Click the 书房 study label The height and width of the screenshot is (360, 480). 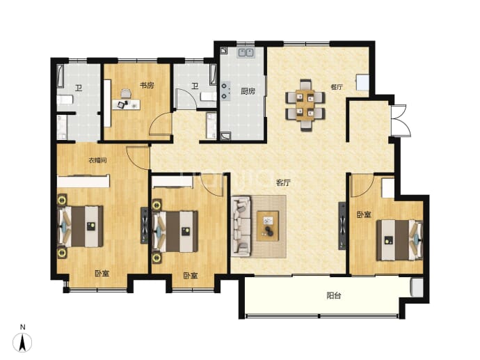point(147,85)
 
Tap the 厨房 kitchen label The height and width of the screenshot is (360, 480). point(248,91)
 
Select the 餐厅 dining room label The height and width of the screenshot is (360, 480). point(337,87)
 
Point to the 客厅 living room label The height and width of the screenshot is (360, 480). point(283,183)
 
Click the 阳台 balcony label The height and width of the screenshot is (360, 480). point(334,296)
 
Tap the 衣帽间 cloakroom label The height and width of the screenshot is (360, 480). point(97,160)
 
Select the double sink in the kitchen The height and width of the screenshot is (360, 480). point(246,52)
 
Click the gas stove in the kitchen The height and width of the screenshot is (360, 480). point(225,91)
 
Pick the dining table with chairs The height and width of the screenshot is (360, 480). point(305,105)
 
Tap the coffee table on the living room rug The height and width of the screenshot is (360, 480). point(268,226)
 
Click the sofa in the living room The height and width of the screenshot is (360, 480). point(241,226)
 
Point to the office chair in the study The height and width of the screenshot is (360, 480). point(125,93)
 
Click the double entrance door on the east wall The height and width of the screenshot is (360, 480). point(401,120)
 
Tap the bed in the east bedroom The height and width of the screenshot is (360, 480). point(399,240)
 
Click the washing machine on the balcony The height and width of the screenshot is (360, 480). point(417,288)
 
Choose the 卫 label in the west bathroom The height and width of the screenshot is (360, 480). point(79,88)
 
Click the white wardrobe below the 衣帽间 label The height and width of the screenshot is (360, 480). point(83,181)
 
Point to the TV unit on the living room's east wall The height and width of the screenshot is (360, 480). point(342,226)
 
